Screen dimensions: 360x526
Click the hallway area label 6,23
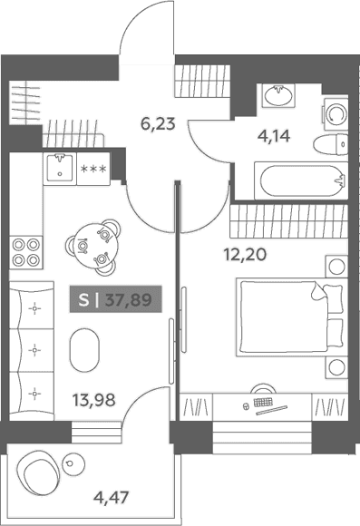click(158, 124)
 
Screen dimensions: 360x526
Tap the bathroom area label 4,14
click(274, 136)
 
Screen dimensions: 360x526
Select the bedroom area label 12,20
click(245, 255)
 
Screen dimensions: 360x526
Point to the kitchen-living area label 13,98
click(94, 400)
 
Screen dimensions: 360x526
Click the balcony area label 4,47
click(111, 497)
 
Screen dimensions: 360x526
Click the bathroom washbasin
click(278, 95)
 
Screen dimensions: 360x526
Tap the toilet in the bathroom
click(330, 145)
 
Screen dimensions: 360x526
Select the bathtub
click(301, 180)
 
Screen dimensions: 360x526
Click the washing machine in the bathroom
click(336, 113)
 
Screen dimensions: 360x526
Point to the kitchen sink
click(60, 168)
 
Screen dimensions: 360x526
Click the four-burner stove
click(26, 252)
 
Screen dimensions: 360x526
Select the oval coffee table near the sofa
click(84, 350)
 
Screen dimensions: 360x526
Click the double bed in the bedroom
click(291, 317)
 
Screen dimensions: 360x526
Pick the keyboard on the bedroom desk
click(264, 403)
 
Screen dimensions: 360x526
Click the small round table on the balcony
click(73, 463)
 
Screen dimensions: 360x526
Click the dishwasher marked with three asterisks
click(93, 169)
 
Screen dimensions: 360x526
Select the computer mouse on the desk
click(246, 406)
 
